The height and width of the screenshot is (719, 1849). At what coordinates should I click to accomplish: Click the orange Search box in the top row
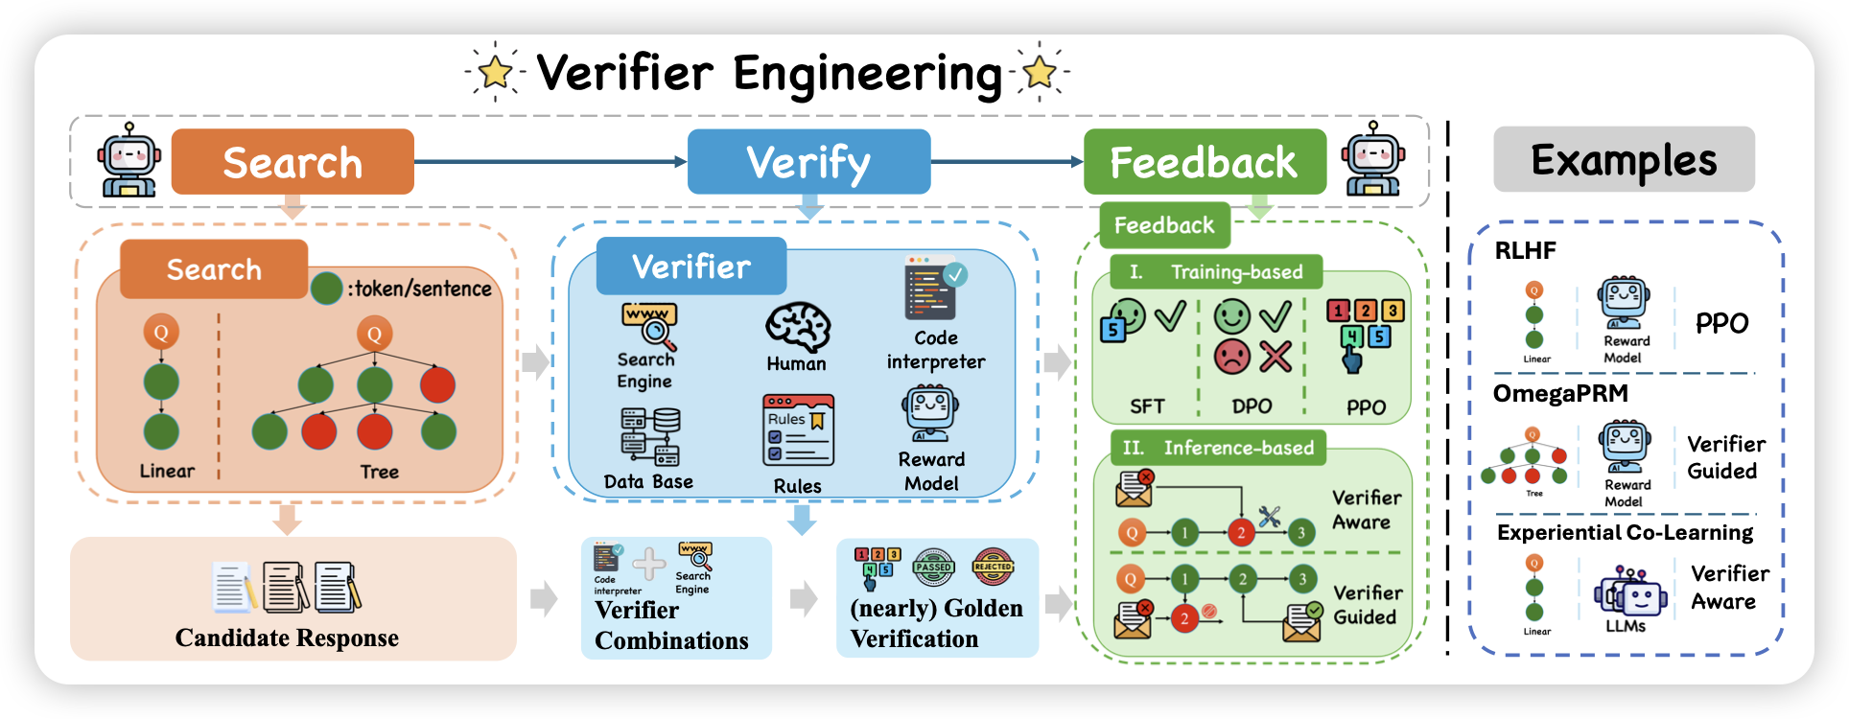(x=293, y=162)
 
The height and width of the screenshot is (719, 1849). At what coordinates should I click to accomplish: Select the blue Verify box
(x=808, y=162)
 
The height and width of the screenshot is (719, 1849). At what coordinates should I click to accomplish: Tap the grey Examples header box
(x=1624, y=159)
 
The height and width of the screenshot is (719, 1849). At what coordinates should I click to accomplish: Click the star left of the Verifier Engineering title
(x=495, y=71)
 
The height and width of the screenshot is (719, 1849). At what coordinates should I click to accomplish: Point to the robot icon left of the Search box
(x=129, y=160)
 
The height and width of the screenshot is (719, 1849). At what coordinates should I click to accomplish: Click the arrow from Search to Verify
(x=550, y=162)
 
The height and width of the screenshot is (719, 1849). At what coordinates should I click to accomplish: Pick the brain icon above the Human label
(x=797, y=328)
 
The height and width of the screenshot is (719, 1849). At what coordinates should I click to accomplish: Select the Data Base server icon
(x=649, y=436)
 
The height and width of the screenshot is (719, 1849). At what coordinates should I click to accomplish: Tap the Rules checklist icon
(x=798, y=430)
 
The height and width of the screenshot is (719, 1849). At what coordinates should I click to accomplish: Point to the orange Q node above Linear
(x=161, y=333)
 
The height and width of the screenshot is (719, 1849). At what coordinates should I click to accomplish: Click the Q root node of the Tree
(x=374, y=334)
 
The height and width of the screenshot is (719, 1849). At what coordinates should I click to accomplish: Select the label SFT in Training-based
(x=1147, y=406)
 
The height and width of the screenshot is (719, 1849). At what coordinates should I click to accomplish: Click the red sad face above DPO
(x=1232, y=357)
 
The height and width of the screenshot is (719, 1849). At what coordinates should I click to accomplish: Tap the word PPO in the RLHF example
(x=1721, y=324)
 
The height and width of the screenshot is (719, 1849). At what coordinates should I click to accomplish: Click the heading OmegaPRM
(x=1560, y=394)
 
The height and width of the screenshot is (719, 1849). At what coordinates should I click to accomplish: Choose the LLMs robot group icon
(x=1627, y=592)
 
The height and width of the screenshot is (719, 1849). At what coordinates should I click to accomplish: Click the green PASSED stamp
(x=933, y=567)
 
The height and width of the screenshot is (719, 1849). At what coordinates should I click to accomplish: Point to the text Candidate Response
(x=287, y=638)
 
